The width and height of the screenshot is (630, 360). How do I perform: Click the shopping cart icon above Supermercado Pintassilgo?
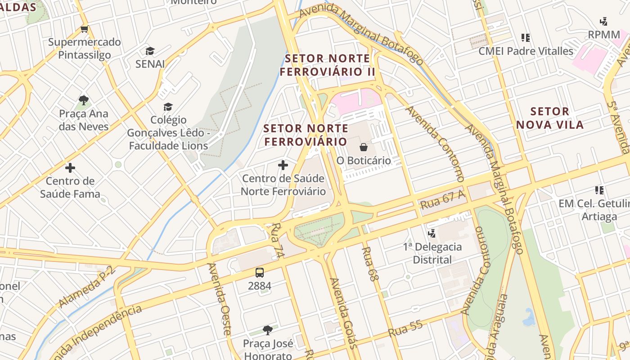[84, 29]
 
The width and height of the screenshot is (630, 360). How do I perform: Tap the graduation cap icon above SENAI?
[150, 51]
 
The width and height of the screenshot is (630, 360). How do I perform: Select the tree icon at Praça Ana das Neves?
[83, 100]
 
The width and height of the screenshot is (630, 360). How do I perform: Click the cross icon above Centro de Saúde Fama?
[70, 168]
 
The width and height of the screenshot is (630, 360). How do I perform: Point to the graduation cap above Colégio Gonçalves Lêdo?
[168, 107]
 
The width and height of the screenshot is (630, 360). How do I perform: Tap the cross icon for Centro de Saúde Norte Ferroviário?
[283, 165]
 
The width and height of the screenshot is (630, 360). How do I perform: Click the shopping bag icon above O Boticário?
[364, 147]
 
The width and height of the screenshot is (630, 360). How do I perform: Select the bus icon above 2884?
[260, 272]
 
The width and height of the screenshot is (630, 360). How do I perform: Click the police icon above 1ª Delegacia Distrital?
[432, 233]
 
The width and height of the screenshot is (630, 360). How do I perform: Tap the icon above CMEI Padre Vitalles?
[526, 38]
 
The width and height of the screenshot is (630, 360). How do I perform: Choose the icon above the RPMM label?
[604, 21]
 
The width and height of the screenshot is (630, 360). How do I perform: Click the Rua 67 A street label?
[442, 200]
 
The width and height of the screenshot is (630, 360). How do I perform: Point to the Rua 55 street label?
[405, 329]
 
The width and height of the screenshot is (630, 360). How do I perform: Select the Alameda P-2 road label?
[87, 286]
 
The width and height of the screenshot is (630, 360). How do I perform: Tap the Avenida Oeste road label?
[219, 299]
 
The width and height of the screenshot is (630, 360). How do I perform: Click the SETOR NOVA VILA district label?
[550, 118]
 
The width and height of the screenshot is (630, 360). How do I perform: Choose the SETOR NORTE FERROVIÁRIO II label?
[328, 65]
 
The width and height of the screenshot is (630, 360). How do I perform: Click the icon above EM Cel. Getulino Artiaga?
[599, 190]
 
